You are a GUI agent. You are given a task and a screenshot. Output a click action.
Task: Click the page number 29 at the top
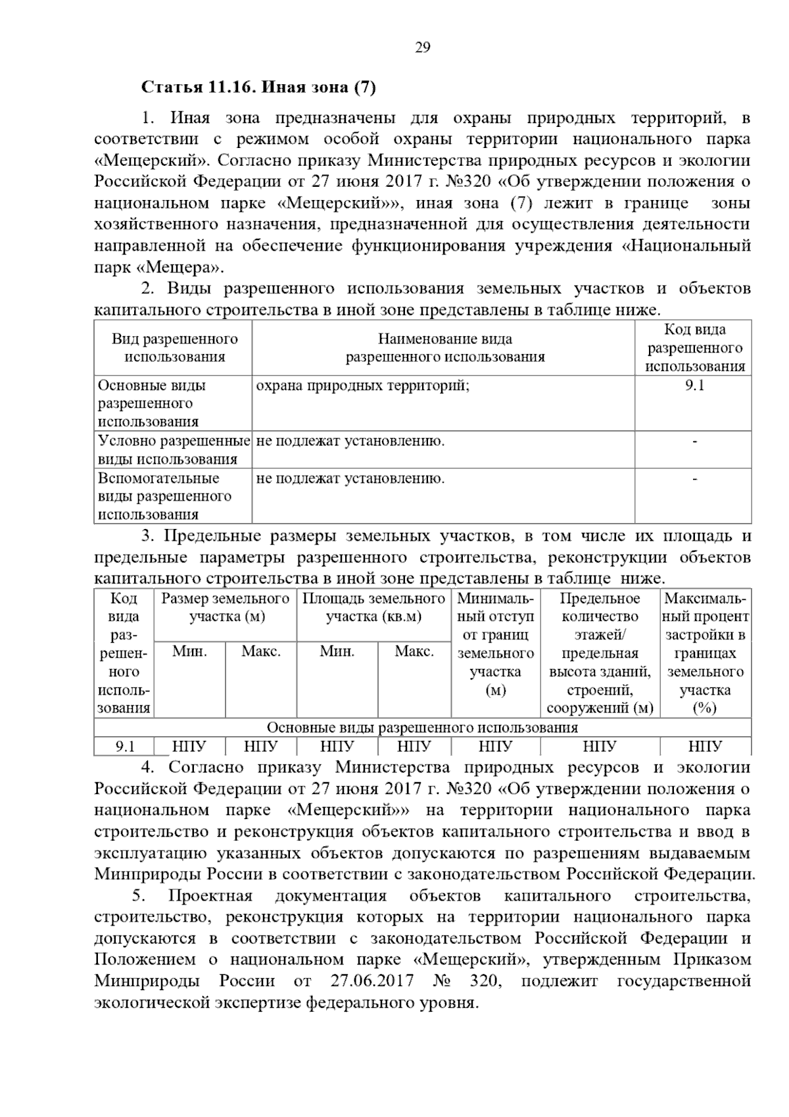click(422, 47)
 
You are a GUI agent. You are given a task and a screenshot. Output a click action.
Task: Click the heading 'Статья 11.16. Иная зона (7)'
click(258, 87)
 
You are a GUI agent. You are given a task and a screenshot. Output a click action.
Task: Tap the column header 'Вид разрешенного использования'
click(174, 348)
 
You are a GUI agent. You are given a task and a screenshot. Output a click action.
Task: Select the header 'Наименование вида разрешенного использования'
click(445, 348)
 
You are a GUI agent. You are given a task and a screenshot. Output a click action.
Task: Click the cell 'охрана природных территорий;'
click(363, 386)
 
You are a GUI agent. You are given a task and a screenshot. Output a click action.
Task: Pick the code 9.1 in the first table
click(694, 386)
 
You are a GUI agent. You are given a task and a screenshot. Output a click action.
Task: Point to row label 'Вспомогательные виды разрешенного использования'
click(164, 496)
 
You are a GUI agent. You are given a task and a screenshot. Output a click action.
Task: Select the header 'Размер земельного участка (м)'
click(226, 607)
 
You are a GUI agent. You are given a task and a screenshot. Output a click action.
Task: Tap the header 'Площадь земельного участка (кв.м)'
click(373, 607)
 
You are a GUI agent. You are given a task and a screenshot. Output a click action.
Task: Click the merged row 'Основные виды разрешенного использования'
click(422, 728)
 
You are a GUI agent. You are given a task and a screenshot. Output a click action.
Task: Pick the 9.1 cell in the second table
click(125, 747)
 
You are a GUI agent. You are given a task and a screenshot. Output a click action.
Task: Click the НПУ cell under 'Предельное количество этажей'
click(600, 747)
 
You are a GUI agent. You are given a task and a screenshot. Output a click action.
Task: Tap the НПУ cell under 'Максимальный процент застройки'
click(705, 747)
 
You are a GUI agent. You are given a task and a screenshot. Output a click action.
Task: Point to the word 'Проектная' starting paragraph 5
click(210, 896)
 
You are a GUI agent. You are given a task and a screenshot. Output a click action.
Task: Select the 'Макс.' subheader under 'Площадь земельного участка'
click(414, 652)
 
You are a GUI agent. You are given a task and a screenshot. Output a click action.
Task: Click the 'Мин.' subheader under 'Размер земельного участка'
click(189, 652)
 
